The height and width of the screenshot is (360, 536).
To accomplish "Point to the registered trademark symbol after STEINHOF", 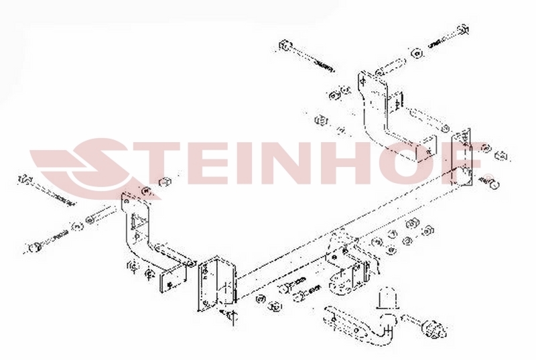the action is click(x=490, y=177).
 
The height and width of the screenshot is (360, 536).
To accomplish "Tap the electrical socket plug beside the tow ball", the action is click(x=435, y=329).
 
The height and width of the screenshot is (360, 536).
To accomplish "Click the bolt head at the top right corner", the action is click(x=463, y=29).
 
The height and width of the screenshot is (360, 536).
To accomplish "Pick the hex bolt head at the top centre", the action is click(x=285, y=46).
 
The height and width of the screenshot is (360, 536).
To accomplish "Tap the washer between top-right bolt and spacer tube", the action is click(x=416, y=54).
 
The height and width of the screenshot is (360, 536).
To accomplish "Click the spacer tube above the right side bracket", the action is click(x=391, y=67).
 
